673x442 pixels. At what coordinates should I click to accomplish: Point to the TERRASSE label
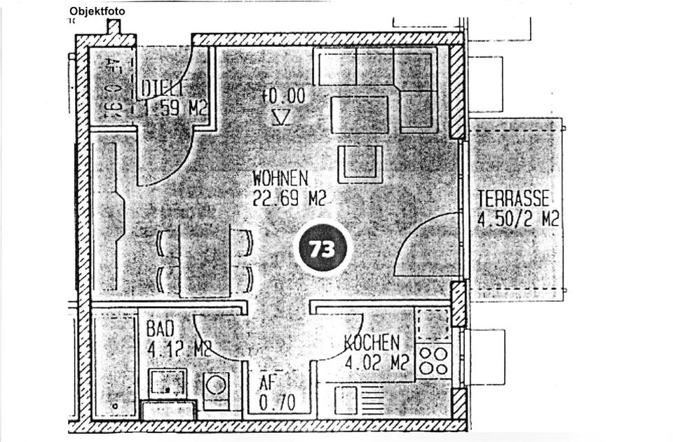click(513, 199)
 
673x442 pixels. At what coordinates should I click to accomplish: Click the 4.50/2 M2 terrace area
click(518, 219)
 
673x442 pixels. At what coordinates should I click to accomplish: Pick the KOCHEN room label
click(372, 343)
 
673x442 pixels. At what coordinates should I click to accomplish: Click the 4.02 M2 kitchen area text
click(377, 363)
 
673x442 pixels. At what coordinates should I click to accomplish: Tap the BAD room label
click(160, 329)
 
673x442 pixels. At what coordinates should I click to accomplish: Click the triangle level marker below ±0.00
click(281, 116)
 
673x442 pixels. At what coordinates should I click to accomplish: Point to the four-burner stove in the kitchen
click(432, 361)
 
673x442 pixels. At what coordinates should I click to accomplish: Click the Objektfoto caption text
click(97, 11)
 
